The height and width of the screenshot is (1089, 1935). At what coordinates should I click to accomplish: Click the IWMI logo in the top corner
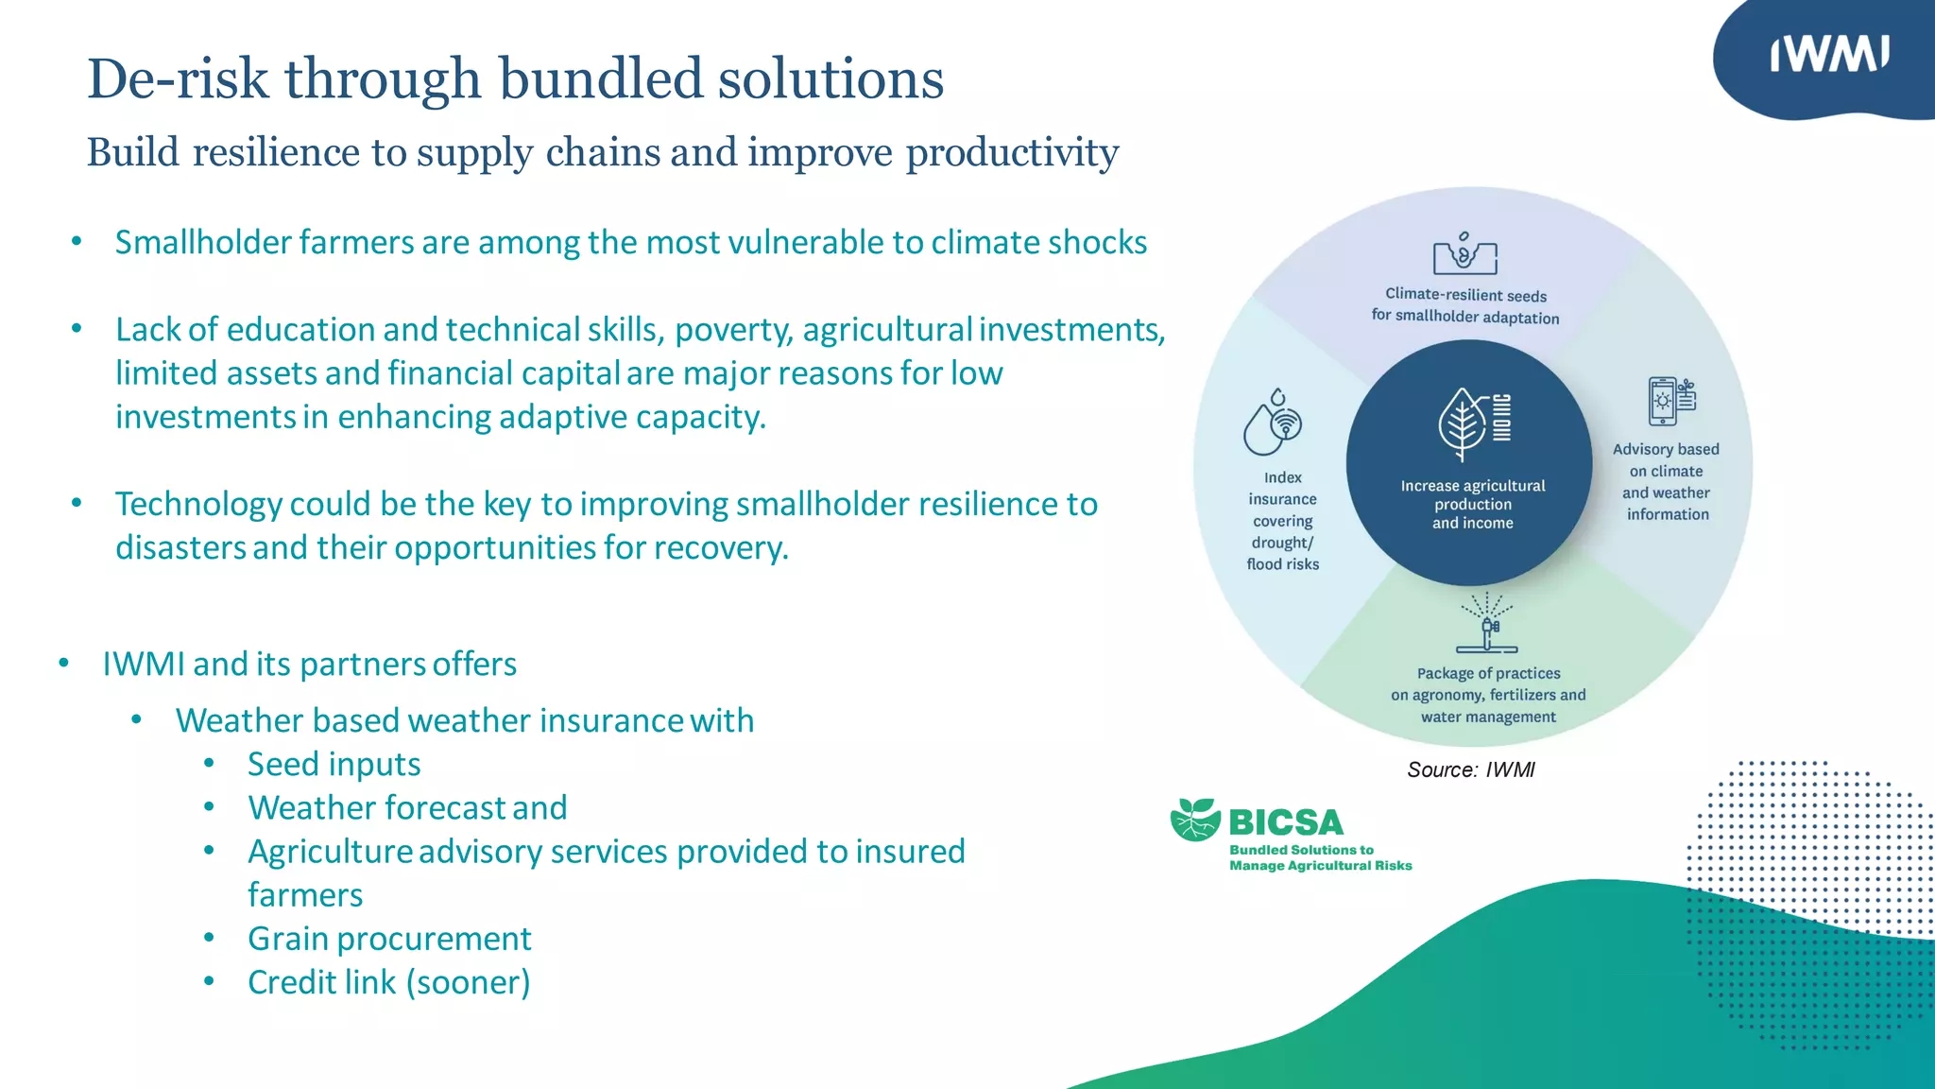point(1829,55)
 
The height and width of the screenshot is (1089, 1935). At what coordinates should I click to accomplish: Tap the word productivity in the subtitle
point(1012,153)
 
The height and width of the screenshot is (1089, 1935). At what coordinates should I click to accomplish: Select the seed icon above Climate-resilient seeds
point(1464,252)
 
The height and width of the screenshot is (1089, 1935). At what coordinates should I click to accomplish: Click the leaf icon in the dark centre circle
point(1462,423)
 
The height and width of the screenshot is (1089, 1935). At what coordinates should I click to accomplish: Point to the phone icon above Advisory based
point(1664,402)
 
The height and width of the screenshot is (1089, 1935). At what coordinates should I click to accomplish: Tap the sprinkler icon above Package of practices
point(1486,624)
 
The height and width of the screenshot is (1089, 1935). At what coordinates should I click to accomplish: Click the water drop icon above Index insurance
point(1271,423)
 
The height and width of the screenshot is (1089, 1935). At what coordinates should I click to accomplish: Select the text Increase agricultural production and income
point(1472,504)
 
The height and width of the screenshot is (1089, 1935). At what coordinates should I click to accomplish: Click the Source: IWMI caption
point(1470,769)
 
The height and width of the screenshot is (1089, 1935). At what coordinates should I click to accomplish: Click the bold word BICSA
point(1286,822)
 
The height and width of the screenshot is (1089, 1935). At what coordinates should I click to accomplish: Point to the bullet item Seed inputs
point(334,764)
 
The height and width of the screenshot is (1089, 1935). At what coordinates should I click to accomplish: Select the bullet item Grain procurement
point(389,939)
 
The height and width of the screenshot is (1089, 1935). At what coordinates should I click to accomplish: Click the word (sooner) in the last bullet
point(469,983)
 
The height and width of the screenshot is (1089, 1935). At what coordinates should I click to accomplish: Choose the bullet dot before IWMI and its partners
point(63,664)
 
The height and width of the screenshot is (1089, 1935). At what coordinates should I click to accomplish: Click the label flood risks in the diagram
point(1282,564)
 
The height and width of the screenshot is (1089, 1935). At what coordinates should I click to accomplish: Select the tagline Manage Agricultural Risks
point(1320,866)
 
